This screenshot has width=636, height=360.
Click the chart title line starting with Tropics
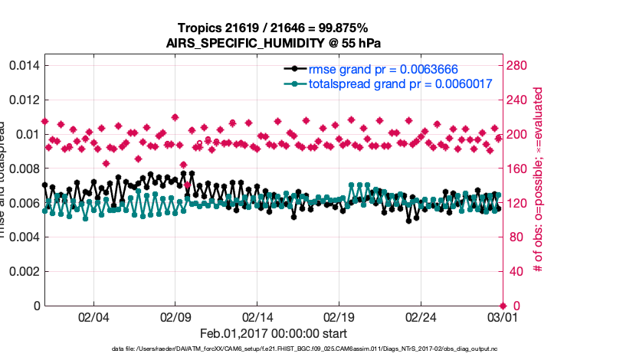pyautogui.click(x=273, y=28)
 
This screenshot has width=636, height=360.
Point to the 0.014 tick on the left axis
pyautogui.click(x=22, y=66)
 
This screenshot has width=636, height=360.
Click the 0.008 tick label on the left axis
pyautogui.click(x=22, y=169)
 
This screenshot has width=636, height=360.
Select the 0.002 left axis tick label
pyautogui.click(x=22, y=271)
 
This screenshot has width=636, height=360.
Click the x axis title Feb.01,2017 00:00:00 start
pyautogui.click(x=273, y=334)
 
